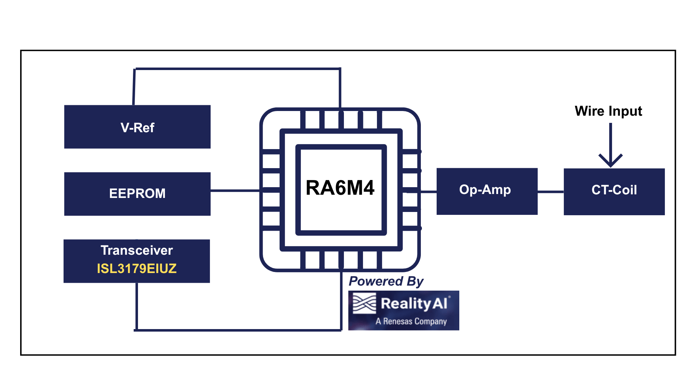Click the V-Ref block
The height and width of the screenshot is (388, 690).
pos(137,127)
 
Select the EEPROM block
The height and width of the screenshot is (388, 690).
pos(137,194)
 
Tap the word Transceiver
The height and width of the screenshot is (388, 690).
pos(137,250)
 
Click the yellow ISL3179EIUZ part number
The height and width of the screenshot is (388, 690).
pos(137,269)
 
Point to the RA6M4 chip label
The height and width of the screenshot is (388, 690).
pos(340,188)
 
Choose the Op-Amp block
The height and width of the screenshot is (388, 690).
pos(487,191)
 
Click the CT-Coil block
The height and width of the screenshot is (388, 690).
pos(614,191)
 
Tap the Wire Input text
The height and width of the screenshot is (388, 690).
pos(608,111)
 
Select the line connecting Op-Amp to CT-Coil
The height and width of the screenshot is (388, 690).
pos(551,192)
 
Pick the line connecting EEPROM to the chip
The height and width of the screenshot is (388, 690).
pos(234,190)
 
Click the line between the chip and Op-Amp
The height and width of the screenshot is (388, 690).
pos(428,192)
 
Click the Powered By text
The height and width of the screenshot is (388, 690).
pos(386,281)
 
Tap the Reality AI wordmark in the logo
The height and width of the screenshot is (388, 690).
pos(414,304)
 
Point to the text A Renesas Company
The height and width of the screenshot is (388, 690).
pos(411,321)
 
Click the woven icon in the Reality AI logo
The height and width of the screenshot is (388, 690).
pos(364,304)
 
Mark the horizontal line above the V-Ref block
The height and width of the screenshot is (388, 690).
pos(237,68)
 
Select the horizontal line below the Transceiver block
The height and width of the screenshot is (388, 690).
pos(237,330)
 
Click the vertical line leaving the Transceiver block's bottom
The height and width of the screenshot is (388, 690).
pos(137,305)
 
